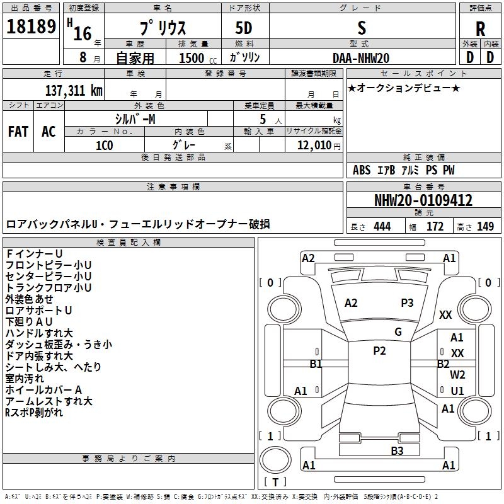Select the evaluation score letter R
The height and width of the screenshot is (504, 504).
(481, 29)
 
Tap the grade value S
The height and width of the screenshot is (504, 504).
(361, 28)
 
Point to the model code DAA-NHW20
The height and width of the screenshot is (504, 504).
(361, 58)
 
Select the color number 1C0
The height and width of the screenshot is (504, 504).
(104, 145)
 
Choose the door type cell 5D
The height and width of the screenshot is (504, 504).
(244, 29)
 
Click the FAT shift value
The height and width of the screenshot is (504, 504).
(18, 132)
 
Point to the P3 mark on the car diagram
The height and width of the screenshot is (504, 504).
(408, 303)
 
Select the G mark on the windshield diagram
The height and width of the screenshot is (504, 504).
(398, 332)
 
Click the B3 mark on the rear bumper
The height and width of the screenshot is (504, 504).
(397, 450)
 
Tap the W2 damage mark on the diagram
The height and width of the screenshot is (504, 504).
(457, 375)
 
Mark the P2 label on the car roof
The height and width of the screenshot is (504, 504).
(379, 351)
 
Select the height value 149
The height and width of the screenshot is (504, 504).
(485, 227)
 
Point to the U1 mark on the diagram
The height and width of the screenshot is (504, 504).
(457, 391)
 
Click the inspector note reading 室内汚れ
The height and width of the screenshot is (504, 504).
(25, 378)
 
